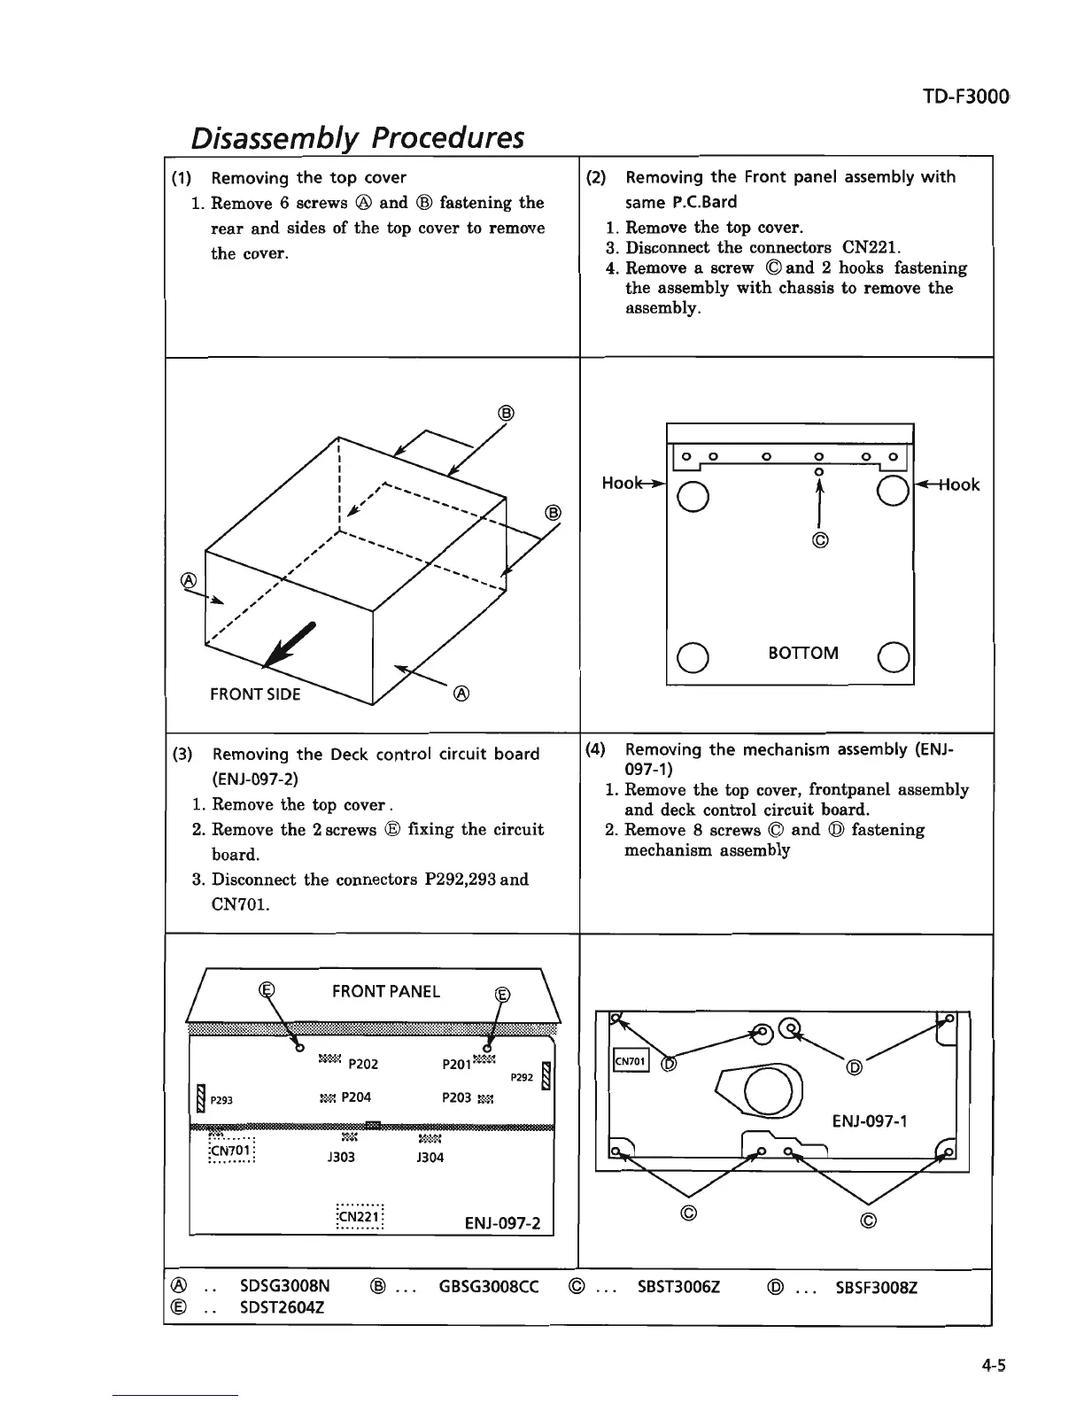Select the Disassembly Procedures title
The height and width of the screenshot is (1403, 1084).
coord(357,137)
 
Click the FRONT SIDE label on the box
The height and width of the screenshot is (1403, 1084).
coord(255,694)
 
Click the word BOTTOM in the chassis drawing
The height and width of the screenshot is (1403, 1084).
coord(803,653)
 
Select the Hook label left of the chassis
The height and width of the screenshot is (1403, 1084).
coord(623,484)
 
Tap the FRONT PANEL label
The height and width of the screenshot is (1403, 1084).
coord(385,991)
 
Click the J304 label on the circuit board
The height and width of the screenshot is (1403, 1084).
coord(430,1157)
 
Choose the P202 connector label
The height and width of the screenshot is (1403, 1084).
coord(364,1065)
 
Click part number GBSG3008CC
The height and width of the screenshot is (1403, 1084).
coord(489,1287)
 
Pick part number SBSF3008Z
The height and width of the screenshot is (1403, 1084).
coord(877,1287)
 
